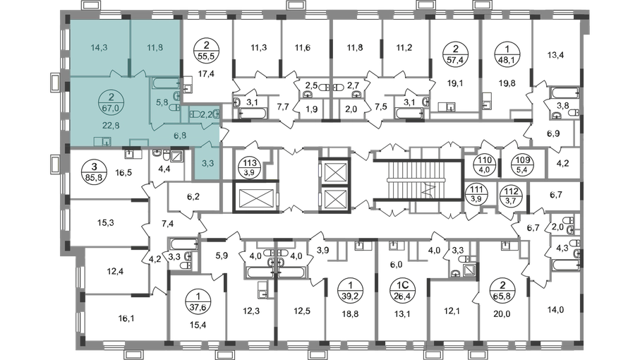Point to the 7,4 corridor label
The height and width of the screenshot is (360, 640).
[x=167, y=224]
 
